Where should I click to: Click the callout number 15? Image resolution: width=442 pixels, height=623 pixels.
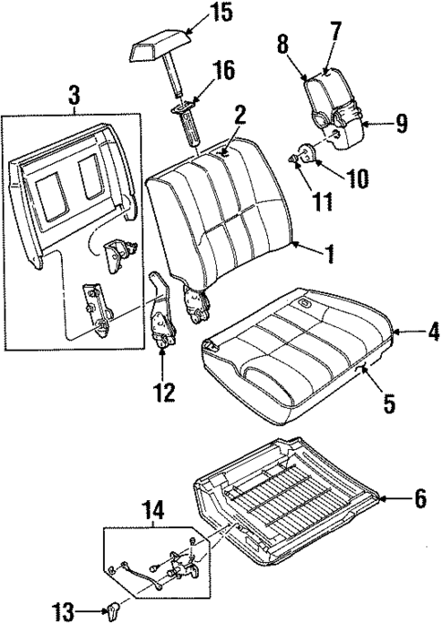(220, 12)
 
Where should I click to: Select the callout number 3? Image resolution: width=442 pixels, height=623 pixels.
(72, 93)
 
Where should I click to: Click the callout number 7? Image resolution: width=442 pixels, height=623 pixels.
(336, 32)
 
